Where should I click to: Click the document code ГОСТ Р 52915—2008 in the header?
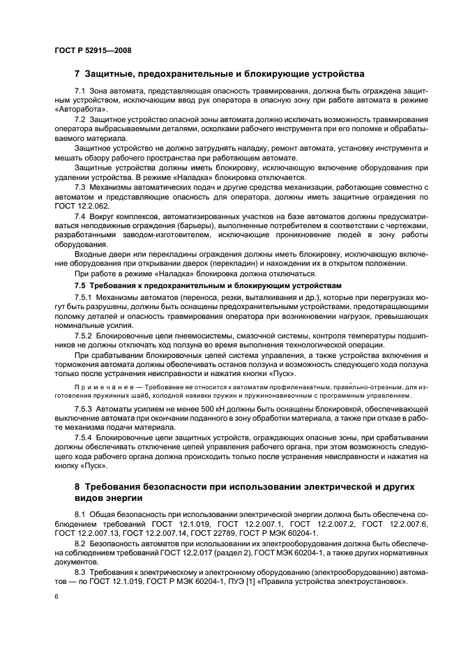click(92, 50)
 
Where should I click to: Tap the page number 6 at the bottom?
click(56, 598)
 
